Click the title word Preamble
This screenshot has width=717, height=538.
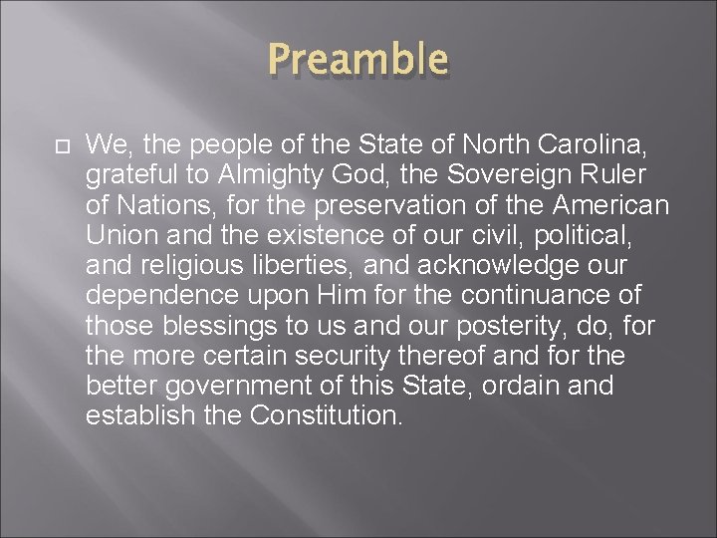[358, 59]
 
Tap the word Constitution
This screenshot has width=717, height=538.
[325, 415]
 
